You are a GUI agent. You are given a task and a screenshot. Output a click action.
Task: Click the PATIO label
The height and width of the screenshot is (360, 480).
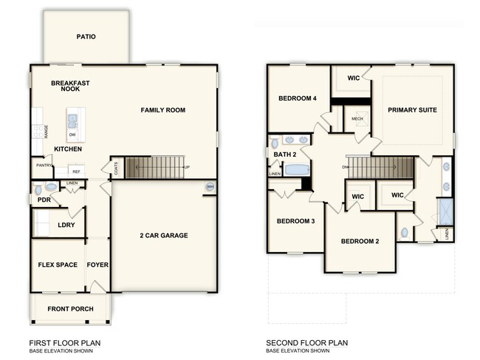[x=86, y=37]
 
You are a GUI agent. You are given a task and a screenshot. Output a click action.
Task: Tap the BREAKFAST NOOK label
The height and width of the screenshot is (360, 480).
[x=70, y=86]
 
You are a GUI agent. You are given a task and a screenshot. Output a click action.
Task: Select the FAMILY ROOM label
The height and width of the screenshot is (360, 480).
[x=162, y=110]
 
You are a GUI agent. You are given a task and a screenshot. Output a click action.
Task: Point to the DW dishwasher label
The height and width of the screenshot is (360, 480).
[x=72, y=135]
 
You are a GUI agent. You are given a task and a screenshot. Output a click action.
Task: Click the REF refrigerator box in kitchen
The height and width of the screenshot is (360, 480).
[x=76, y=171]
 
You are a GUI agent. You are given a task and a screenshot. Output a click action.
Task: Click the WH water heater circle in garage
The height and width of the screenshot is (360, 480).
[x=210, y=186]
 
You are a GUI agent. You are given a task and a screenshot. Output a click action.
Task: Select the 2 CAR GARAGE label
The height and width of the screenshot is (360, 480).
[x=164, y=236]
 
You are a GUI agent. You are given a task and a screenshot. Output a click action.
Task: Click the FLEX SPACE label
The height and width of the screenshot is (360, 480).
[x=58, y=265]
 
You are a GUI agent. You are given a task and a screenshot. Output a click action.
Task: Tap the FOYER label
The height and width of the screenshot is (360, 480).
[x=97, y=265]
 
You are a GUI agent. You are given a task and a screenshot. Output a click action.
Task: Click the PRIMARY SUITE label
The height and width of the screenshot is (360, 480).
[x=412, y=110]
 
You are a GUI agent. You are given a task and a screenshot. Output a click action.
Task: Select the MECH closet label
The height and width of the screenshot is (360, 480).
[x=357, y=118]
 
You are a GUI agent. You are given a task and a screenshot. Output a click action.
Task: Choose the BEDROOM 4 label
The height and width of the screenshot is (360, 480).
[x=298, y=98]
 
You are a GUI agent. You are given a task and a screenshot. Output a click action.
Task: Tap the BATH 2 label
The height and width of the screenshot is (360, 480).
[x=284, y=154]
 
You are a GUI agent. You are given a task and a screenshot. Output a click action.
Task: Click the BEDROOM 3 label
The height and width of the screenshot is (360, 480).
[x=296, y=221]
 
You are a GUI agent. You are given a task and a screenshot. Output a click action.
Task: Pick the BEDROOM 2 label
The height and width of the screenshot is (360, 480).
[x=360, y=242]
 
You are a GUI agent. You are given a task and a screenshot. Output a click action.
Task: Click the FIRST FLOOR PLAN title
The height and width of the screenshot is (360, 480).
[x=64, y=343]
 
